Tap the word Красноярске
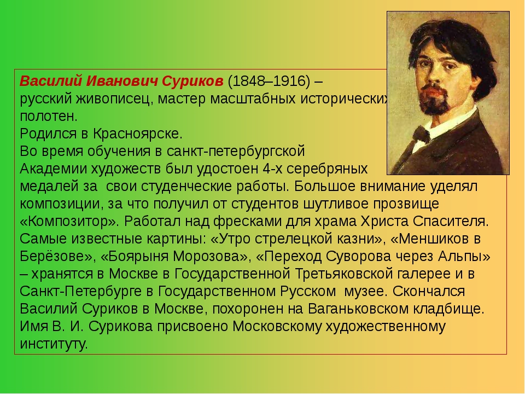coord(138,134)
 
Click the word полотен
coord(49,117)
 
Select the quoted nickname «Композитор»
coord(69,222)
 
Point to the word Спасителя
coord(451,222)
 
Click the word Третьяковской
coord(344,274)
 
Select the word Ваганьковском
coord(358,309)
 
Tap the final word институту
coord(54,344)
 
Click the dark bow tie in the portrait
coord(422,135)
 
